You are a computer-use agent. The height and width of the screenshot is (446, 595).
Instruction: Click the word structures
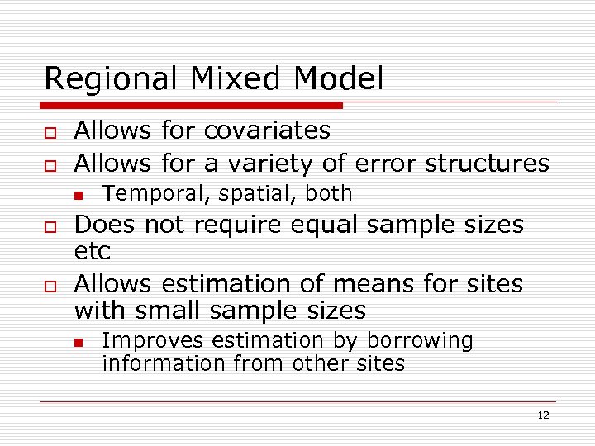487,164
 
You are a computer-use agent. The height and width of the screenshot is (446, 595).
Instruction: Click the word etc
93,250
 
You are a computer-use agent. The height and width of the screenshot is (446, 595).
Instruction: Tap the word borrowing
420,341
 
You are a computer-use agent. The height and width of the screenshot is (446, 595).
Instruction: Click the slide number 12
543,415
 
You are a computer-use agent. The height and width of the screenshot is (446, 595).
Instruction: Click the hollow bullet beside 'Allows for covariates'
50,132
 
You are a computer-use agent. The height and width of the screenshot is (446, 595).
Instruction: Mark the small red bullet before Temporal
79,195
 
